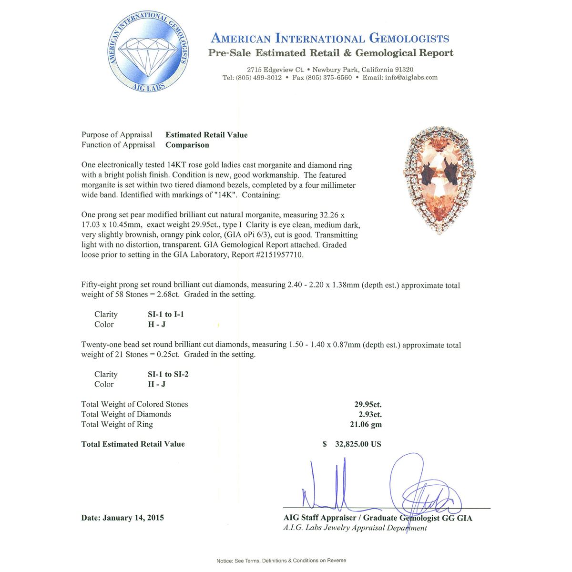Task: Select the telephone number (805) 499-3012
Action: tap(258, 78)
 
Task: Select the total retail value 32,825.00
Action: tap(358, 444)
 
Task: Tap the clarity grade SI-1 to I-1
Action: tap(165, 314)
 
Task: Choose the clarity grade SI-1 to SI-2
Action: tap(168, 374)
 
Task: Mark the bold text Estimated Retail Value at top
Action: tap(206, 135)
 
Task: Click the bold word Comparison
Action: tap(187, 145)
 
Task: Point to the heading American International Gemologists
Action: tap(330, 39)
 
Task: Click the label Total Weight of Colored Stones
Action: tap(134, 404)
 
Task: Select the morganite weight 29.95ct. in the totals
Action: tap(368, 404)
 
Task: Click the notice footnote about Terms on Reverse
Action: tap(281, 561)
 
